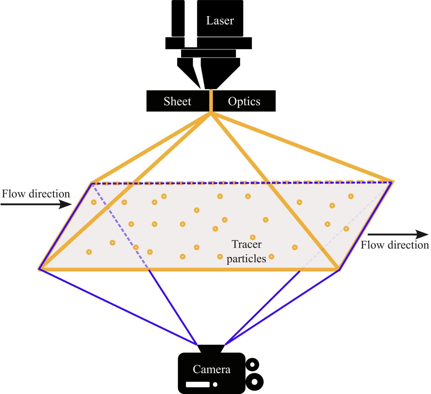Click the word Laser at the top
(x=220, y=21)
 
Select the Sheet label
(x=177, y=101)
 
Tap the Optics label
(x=244, y=101)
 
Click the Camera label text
(x=211, y=369)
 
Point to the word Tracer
(x=246, y=244)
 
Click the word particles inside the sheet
(x=246, y=259)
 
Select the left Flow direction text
(x=36, y=194)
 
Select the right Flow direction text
(x=394, y=245)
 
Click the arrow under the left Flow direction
(x=36, y=204)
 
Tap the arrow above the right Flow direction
(x=398, y=234)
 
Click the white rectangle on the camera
(x=197, y=384)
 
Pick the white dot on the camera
(x=215, y=384)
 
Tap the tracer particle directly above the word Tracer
(x=253, y=237)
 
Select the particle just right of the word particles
(x=271, y=257)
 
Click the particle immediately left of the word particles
(x=220, y=257)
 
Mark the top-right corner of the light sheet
(x=393, y=182)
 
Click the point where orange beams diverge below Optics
(x=211, y=113)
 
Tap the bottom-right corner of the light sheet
(x=339, y=269)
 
